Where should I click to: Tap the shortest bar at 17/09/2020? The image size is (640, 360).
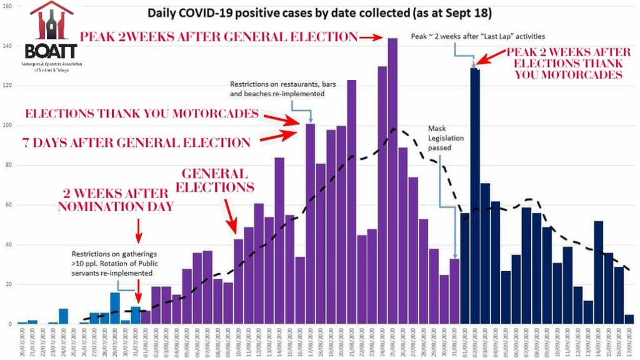629,319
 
